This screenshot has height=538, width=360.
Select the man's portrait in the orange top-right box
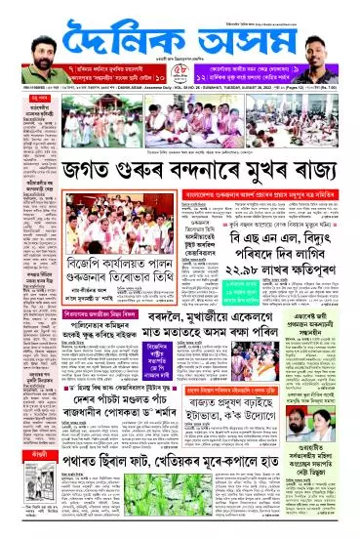point(331,38)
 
